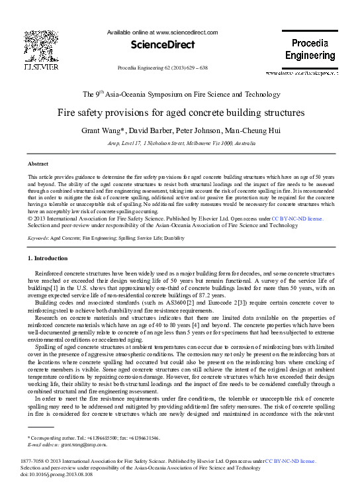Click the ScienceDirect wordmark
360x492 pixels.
(x=162, y=45)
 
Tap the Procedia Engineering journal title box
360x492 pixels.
(x=310, y=50)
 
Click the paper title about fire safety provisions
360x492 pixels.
(x=181, y=113)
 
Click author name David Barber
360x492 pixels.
(x=171, y=130)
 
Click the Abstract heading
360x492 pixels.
(x=38, y=163)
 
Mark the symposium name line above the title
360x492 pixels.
(x=181, y=95)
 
